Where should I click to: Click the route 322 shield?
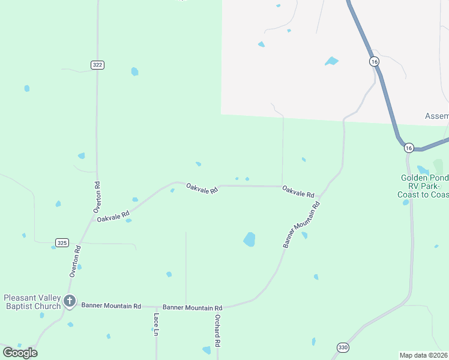(x=98, y=65)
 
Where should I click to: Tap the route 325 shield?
(x=62, y=242)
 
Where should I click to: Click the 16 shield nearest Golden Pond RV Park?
(x=409, y=148)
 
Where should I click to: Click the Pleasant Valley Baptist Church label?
(x=32, y=302)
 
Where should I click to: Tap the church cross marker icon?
(x=70, y=301)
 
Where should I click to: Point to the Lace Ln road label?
(x=155, y=323)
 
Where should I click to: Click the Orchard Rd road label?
(x=218, y=331)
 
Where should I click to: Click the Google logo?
(x=20, y=353)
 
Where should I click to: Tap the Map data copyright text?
(x=424, y=355)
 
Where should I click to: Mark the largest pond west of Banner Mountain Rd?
(x=250, y=239)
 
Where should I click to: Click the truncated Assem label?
(x=436, y=116)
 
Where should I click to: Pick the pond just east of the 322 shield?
(x=134, y=71)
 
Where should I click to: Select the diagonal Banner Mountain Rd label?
(x=302, y=225)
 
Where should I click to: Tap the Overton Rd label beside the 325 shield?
(x=74, y=261)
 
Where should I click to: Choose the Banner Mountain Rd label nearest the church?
(x=111, y=305)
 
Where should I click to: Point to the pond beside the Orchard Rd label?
(x=207, y=350)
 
